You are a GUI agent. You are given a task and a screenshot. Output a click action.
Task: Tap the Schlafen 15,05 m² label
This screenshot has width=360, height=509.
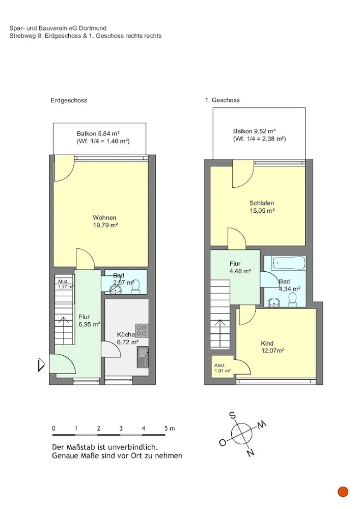point(262,207)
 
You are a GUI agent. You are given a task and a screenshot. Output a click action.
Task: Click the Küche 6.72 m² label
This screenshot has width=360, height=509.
point(128,338)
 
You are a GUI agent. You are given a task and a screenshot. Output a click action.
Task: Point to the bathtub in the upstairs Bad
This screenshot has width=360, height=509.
point(289,263)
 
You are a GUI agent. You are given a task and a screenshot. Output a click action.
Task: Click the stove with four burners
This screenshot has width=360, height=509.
point(142,330)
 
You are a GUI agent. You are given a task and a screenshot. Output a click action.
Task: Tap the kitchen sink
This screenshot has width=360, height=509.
point(143,357)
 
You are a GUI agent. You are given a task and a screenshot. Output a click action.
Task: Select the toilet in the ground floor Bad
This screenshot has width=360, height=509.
point(135,287)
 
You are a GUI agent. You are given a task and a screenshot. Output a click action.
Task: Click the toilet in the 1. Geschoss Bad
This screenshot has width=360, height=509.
point(293,300)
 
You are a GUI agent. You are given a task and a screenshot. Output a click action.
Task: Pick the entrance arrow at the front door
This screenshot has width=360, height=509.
point(41,364)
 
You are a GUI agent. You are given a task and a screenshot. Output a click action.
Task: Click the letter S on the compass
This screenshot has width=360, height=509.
point(232,415)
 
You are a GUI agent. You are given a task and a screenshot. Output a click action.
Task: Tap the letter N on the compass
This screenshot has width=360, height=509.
point(250,453)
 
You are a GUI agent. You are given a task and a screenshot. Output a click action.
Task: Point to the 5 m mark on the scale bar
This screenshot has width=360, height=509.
point(170,429)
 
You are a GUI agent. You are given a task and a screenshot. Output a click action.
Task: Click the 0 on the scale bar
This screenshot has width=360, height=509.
point(54,429)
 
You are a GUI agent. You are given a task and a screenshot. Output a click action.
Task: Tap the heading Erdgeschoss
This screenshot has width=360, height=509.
point(69,101)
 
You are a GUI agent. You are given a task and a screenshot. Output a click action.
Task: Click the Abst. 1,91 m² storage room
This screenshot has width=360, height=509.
point(223,367)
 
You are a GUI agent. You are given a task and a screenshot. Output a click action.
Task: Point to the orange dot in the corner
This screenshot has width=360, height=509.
point(343,492)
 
